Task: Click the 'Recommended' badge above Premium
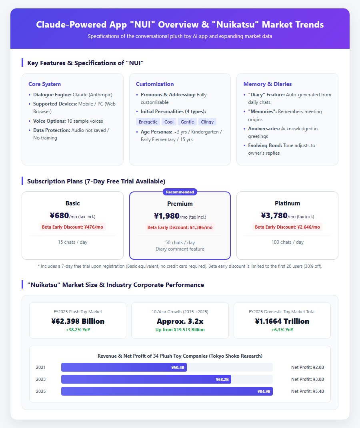point(180,192)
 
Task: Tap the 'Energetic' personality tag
point(148,122)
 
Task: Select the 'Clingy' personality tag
point(207,122)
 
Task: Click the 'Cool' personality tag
point(169,122)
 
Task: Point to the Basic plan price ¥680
point(59,215)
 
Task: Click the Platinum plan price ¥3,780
point(274,215)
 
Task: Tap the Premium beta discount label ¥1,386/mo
point(180,227)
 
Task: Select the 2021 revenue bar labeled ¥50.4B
point(124,367)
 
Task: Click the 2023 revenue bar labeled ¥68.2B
point(146,379)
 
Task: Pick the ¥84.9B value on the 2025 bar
point(264,391)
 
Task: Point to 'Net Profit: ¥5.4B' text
point(308,391)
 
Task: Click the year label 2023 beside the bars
point(41,379)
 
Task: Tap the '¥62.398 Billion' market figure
point(78,321)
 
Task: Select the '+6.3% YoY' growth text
point(282,330)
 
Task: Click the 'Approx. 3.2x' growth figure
point(180,321)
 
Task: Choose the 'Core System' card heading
point(44,84)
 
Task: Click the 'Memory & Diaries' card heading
point(268,84)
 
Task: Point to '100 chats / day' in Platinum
point(287,242)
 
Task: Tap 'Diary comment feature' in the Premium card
point(180,249)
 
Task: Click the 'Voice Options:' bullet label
point(50,121)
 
